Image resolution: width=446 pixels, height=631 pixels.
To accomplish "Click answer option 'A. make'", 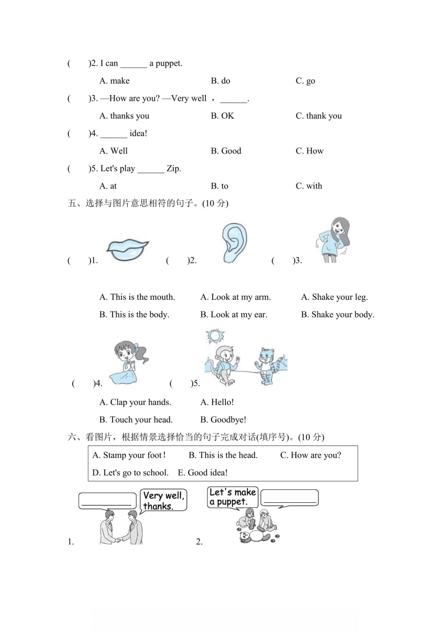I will pos(114,81).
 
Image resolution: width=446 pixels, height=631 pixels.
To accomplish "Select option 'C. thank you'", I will pos(318,116).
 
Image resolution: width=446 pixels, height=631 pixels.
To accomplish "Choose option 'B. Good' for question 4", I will pos(226,151).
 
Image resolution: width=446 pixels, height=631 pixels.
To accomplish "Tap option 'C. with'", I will pos(309,186).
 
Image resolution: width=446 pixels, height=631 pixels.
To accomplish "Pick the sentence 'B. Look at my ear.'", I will pos(233,314).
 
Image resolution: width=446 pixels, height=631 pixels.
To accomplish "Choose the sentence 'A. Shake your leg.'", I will pos(334,297).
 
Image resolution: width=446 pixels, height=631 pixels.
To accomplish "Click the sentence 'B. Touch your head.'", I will pos(136,420).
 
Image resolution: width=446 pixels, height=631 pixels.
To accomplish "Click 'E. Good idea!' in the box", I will pos(202,472).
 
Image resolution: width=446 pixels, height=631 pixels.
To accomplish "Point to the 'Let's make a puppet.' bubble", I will pos(232,497).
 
